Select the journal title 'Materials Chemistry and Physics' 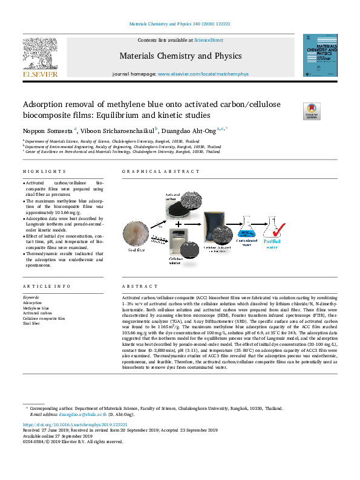pyautogui.click(x=180, y=56)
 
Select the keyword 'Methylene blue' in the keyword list pyautogui.click(x=36, y=308)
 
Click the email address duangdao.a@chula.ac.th pyautogui.click(x=83, y=415)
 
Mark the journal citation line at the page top pyautogui.click(x=180, y=24)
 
